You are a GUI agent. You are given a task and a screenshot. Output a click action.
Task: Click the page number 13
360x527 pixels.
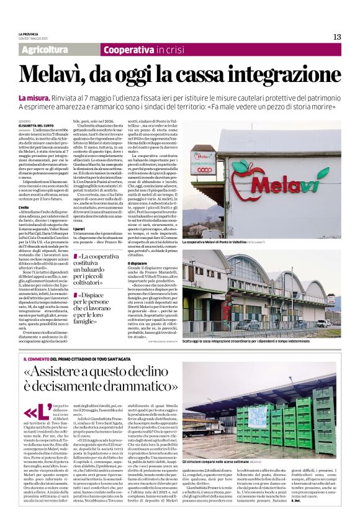337,36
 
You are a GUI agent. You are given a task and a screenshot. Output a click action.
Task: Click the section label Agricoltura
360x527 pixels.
44,50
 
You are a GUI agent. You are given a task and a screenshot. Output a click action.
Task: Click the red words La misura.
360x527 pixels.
35,98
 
